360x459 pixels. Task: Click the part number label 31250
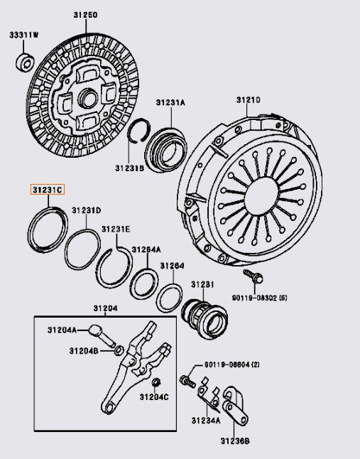[84, 15]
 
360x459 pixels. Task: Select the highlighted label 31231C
[47, 190]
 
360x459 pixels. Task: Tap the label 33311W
[25, 35]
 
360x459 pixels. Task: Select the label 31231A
[170, 102]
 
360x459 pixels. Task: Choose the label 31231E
[115, 229]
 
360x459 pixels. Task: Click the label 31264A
[146, 249]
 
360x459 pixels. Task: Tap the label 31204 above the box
[106, 308]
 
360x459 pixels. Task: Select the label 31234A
[209, 421]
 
